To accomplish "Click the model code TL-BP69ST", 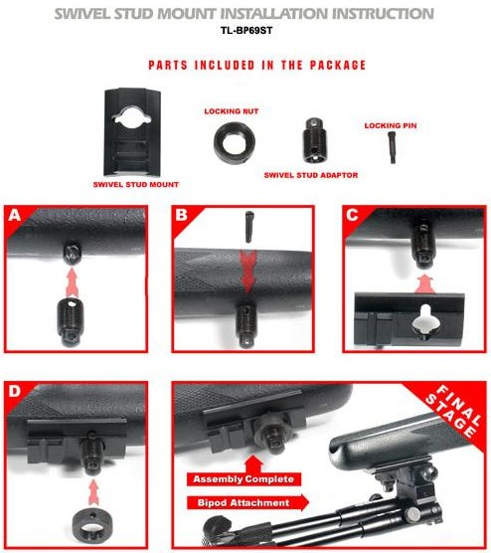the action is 246,30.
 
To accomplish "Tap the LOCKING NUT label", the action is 232,111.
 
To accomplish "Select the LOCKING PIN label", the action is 391,125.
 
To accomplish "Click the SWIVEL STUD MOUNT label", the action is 136,184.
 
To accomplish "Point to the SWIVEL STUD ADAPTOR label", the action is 311,175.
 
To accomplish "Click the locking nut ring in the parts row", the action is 218,143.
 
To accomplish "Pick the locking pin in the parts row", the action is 392,147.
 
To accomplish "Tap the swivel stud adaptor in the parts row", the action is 314,141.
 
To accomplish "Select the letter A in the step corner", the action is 15,215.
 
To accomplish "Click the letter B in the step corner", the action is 181,215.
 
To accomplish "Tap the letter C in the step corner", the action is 352,215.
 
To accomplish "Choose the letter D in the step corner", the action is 15,391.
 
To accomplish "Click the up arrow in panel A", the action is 72,282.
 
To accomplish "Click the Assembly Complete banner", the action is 244,479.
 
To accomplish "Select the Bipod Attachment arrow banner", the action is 247,502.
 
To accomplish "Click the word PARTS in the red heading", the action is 168,66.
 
